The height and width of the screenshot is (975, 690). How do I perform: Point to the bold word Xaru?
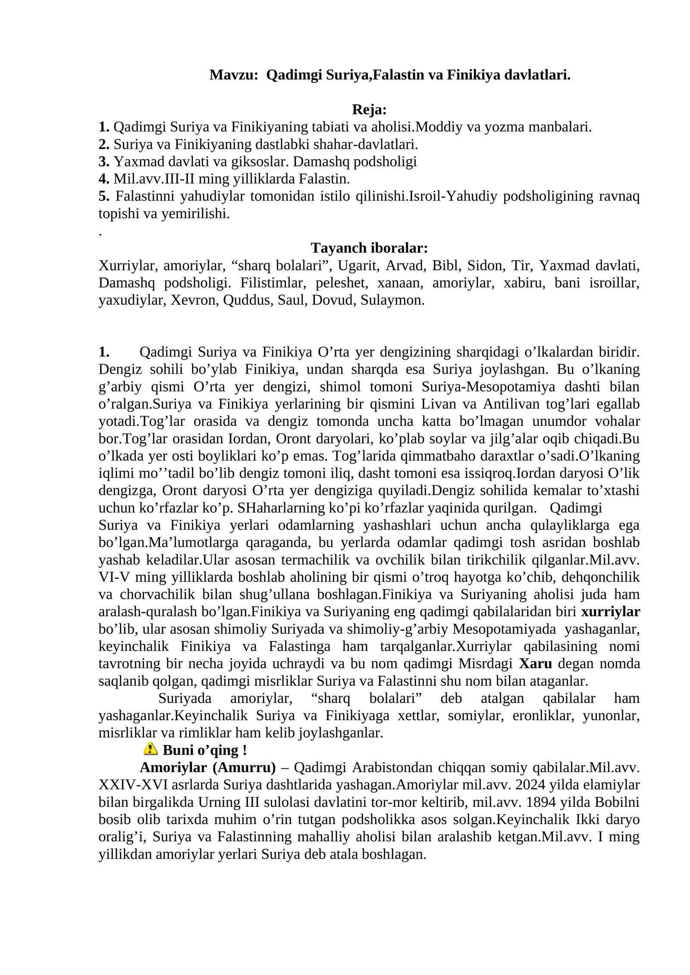tap(535, 663)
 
